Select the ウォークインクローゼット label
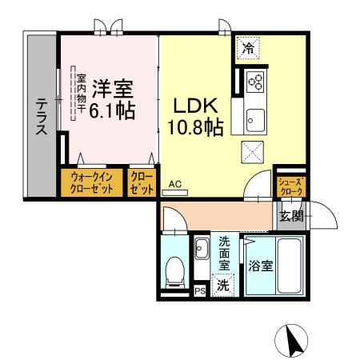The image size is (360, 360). point(90,183)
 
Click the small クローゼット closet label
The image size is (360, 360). point(141,183)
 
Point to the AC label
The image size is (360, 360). point(175,184)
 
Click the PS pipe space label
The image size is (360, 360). point(200,291)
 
